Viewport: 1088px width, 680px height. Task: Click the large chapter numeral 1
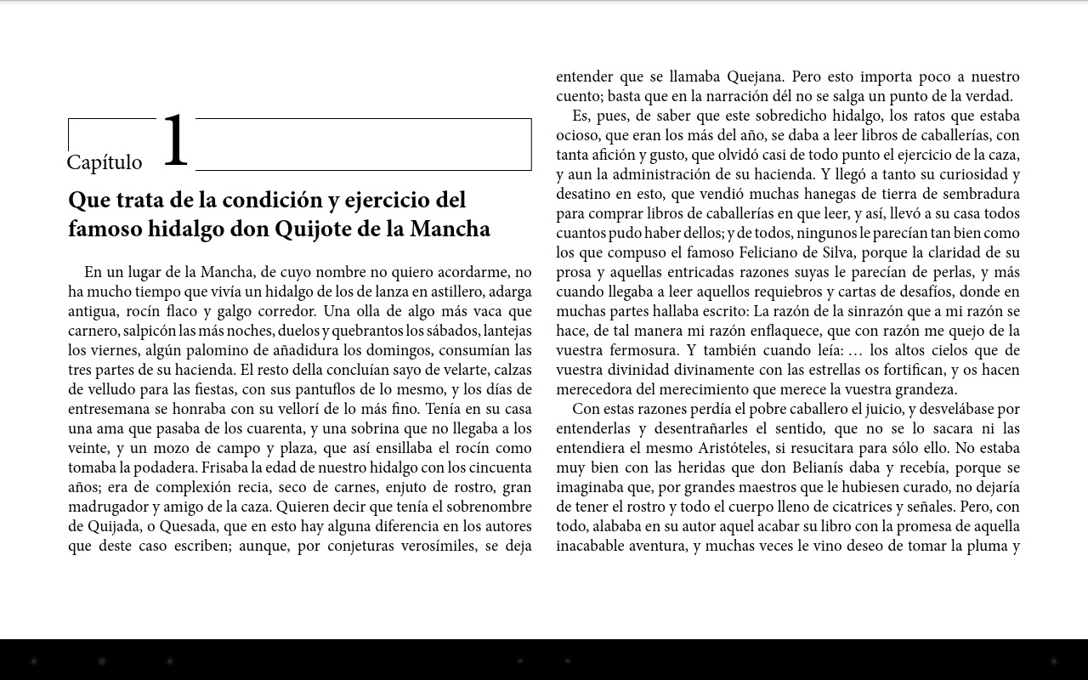(175, 140)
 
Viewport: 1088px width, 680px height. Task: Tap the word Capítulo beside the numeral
(105, 162)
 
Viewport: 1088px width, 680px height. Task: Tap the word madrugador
(107, 507)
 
